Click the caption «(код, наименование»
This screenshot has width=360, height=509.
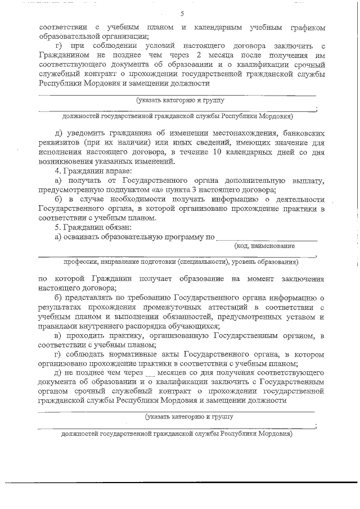click(x=264, y=246)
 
